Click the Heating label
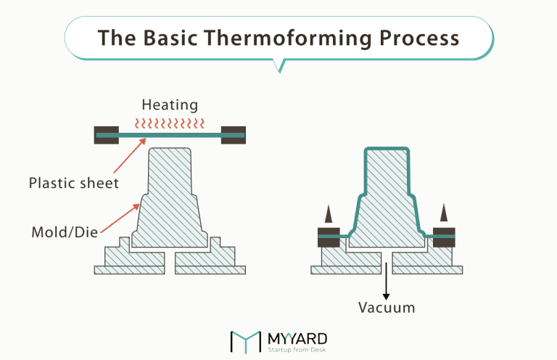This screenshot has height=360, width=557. (x=170, y=105)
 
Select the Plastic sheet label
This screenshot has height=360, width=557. (x=73, y=182)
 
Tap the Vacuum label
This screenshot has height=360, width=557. (x=387, y=308)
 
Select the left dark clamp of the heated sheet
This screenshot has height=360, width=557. (x=107, y=135)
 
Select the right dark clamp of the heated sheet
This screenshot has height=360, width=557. (x=233, y=135)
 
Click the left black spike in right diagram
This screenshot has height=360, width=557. (x=329, y=213)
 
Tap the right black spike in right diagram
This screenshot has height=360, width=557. (x=443, y=213)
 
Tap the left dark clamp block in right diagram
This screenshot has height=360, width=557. (x=329, y=236)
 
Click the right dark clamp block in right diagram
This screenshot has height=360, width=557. (x=443, y=236)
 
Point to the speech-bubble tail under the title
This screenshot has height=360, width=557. (x=279, y=66)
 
